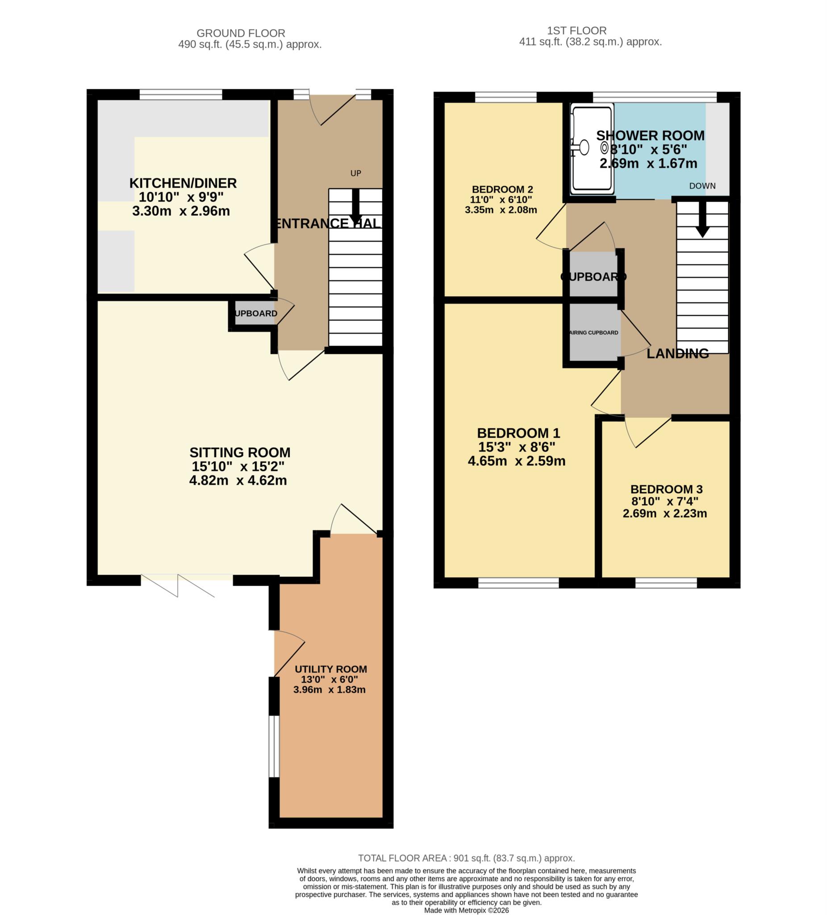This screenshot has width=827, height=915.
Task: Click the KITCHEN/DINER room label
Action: (x=183, y=183)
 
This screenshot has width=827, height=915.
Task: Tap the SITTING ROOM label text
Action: (x=239, y=453)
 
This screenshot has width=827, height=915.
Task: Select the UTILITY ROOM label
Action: (x=331, y=669)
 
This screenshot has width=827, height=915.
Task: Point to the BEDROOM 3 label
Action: (x=666, y=489)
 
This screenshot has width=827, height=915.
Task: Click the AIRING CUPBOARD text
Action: (x=593, y=333)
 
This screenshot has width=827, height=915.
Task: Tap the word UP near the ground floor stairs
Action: (x=355, y=173)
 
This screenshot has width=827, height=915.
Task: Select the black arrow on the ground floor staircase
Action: (x=355, y=206)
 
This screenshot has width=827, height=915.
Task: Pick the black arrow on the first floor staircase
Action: (x=702, y=220)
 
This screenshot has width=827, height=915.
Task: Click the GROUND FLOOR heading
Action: (x=240, y=33)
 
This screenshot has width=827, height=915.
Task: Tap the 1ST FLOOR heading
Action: (x=576, y=30)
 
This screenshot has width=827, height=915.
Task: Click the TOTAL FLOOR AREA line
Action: (x=466, y=858)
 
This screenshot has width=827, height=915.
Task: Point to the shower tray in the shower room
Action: (x=592, y=147)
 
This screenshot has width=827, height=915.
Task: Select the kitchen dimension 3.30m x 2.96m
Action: (x=181, y=211)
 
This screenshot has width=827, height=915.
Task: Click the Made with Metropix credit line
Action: (x=466, y=910)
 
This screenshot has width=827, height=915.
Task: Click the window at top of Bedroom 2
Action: (x=505, y=97)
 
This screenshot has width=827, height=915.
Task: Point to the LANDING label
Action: (x=677, y=353)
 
